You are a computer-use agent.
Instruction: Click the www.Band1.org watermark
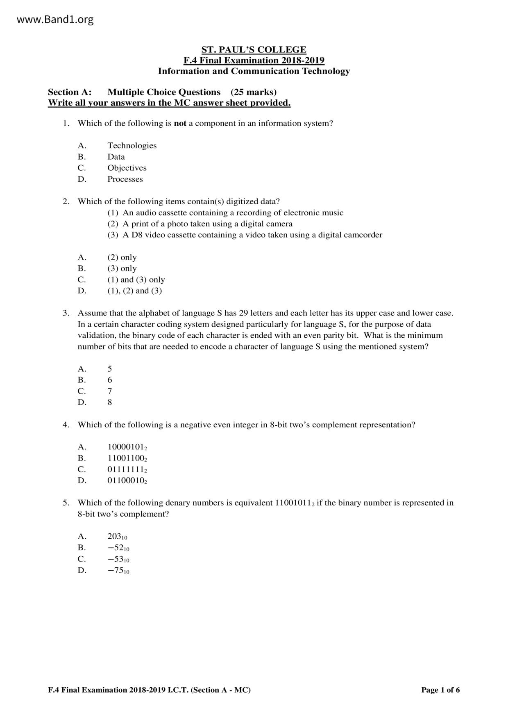tap(55, 19)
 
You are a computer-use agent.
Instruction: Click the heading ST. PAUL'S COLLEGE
tap(254, 50)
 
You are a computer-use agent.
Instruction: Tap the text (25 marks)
tap(254, 92)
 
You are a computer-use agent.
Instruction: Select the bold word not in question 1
tap(180, 123)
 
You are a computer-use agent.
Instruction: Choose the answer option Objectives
tap(127, 168)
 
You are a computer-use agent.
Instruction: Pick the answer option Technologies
tap(132, 145)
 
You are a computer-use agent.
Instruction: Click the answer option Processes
tap(125, 179)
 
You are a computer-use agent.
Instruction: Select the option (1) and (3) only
tap(136, 280)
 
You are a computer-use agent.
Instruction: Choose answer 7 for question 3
tap(110, 391)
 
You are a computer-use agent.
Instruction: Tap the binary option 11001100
tap(127, 458)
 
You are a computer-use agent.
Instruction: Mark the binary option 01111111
tap(127, 470)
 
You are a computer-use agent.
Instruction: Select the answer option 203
tap(117, 536)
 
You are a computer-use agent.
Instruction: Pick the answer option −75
tap(118, 570)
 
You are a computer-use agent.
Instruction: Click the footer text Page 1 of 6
tap(440, 690)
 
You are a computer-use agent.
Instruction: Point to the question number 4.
tap(66, 424)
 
